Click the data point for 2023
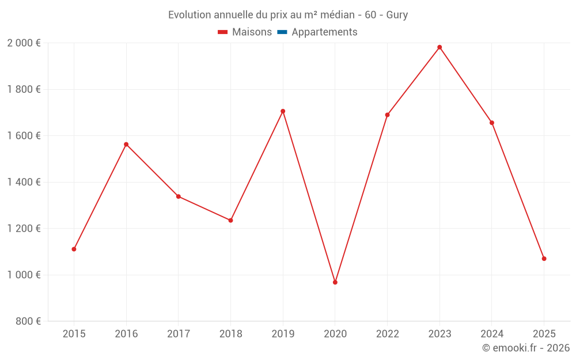pyautogui.click(x=439, y=47)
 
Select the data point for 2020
pyautogui.click(x=335, y=282)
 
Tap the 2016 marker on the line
pyautogui.click(x=126, y=145)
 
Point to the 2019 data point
pyautogui.click(x=283, y=111)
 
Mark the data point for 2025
pyautogui.click(x=544, y=259)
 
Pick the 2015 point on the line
pyautogui.click(x=74, y=249)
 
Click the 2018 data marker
pyautogui.click(x=230, y=220)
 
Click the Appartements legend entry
pyautogui.click(x=324, y=32)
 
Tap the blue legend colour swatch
pyautogui.click(x=282, y=32)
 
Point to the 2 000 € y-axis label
pyautogui.click(x=24, y=43)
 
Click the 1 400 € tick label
pyautogui.click(x=24, y=182)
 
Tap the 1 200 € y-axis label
pyautogui.click(x=24, y=229)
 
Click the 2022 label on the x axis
pyautogui.click(x=387, y=334)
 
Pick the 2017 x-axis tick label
pyautogui.click(x=178, y=334)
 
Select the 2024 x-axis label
pyautogui.click(x=491, y=334)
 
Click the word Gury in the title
pyautogui.click(x=397, y=15)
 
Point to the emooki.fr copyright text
pyautogui.click(x=526, y=348)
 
